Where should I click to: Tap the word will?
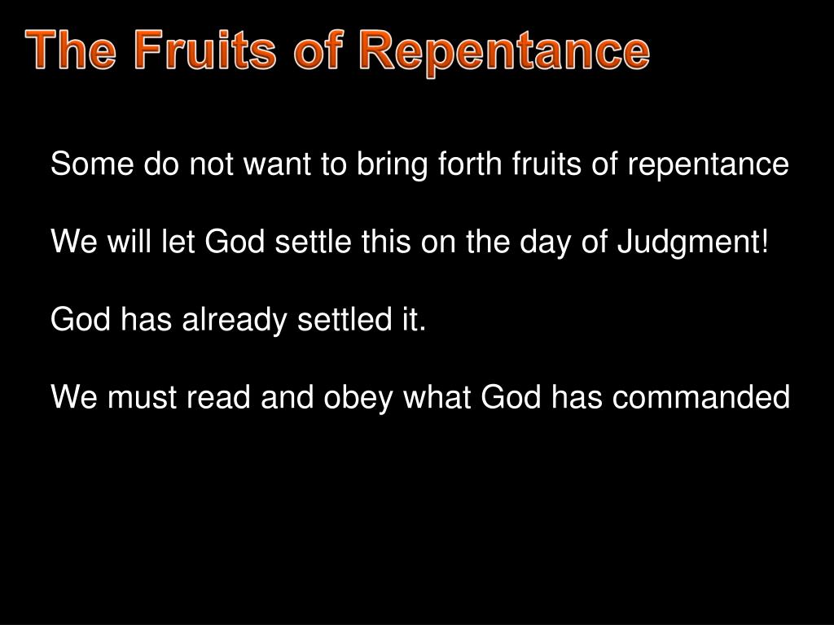(130, 242)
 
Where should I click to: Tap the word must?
(139, 398)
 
